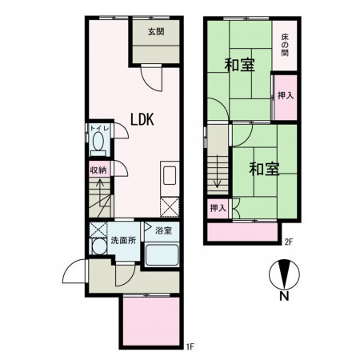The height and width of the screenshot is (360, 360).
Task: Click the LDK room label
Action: click(142, 119)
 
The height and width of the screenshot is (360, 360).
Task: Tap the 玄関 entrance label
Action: click(156, 32)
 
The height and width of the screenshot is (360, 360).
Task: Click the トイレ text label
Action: click(99, 128)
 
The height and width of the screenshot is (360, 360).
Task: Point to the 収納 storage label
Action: click(98, 170)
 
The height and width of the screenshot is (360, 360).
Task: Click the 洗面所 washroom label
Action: click(123, 240)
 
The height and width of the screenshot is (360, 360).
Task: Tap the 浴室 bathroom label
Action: click(163, 230)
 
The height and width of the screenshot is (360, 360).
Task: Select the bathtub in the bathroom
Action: click(162, 255)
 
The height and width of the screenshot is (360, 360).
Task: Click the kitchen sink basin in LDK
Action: click(170, 175)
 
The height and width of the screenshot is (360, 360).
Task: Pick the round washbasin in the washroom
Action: click(99, 246)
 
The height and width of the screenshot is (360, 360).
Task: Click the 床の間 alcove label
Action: click(285, 45)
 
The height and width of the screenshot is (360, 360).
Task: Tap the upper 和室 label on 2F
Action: click(240, 65)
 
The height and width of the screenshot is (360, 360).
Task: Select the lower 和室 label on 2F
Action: click(264, 169)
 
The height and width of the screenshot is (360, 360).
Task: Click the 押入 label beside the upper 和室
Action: click(286, 95)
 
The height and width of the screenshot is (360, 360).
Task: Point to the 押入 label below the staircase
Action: click(218, 208)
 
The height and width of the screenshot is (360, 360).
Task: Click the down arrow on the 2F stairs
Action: click(218, 171)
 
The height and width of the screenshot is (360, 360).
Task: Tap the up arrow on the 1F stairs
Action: click(100, 193)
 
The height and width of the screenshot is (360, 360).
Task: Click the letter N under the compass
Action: click(284, 296)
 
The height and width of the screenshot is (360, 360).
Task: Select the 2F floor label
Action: click(289, 242)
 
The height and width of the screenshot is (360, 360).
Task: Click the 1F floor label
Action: click(190, 346)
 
